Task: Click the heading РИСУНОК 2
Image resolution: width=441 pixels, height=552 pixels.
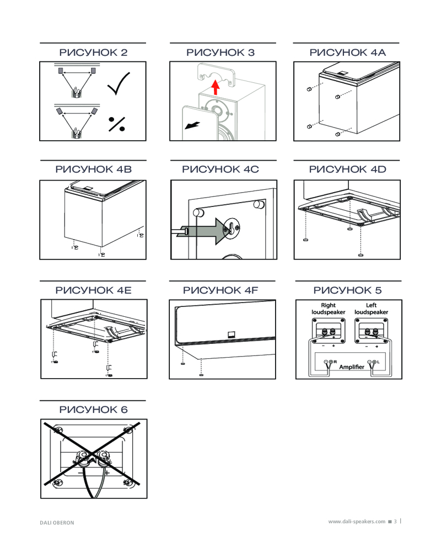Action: point(93,53)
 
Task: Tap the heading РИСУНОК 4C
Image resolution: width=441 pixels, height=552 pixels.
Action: point(220,169)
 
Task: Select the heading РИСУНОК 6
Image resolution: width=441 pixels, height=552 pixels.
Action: point(93,410)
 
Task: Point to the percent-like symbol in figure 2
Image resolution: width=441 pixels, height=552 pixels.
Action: point(116,124)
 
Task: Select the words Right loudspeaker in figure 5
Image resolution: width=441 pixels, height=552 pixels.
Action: point(328,309)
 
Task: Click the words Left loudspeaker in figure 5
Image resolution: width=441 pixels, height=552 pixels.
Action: point(371,309)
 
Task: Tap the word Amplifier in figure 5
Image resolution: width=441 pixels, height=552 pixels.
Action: point(353,367)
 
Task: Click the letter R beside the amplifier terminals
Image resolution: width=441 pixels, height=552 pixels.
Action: point(335,361)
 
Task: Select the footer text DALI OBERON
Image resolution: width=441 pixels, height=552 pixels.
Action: point(57,522)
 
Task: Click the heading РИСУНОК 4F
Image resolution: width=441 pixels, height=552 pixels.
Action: point(220,290)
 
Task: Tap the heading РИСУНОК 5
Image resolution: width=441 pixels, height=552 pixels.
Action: point(347,290)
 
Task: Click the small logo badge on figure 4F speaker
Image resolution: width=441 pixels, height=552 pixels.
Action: point(232,332)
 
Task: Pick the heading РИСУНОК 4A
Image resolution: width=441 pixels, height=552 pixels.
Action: point(347,53)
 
